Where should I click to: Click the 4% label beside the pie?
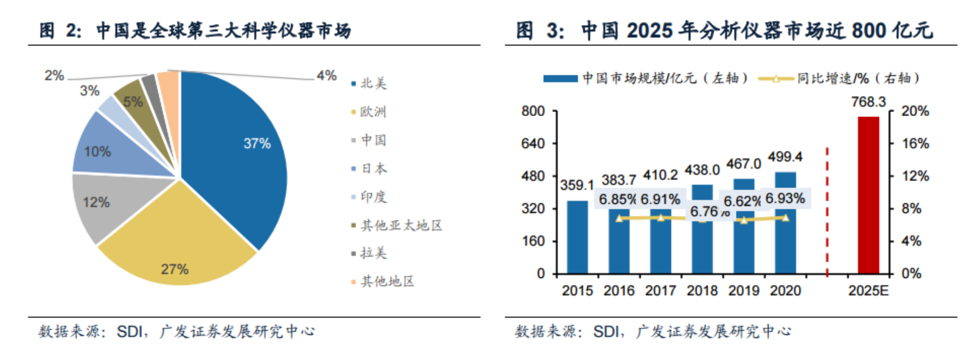point(326,76)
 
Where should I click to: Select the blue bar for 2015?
point(577,237)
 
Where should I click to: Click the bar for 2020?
point(785,223)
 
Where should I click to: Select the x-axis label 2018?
point(702,290)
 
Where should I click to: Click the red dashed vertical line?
point(827,210)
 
